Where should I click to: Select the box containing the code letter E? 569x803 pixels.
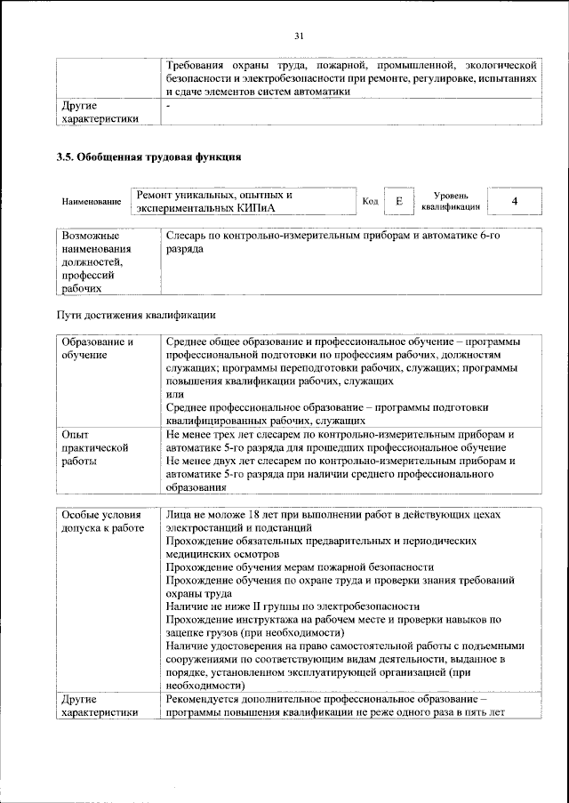[x=398, y=201]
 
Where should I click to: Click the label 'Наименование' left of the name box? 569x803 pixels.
[x=92, y=202]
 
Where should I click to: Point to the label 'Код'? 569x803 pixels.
[x=371, y=201]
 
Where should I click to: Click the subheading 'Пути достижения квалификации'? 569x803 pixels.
[x=136, y=315]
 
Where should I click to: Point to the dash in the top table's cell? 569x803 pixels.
[x=168, y=107]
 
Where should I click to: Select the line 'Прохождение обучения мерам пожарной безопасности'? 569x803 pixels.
[x=300, y=566]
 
